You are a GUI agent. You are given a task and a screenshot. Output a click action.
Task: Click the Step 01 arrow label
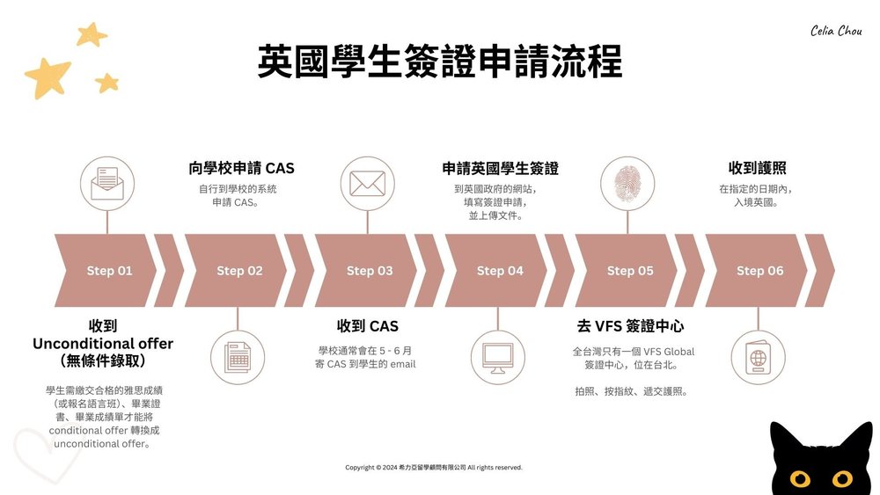coord(109,271)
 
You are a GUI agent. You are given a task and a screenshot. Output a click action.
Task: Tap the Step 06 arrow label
coord(759,271)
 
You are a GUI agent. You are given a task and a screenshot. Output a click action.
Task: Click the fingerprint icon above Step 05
coord(627,183)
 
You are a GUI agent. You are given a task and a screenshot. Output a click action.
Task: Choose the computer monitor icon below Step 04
coord(498,355)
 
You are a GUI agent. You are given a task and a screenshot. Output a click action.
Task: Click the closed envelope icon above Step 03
coord(368,183)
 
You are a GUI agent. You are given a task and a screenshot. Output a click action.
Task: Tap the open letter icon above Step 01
coord(107,183)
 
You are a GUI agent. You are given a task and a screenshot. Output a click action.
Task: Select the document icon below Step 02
coord(238,355)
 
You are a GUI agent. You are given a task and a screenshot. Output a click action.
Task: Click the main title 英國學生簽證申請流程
coord(440,63)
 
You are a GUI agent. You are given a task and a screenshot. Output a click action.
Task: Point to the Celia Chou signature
coord(836,31)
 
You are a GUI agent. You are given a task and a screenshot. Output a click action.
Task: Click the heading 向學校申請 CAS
coord(241,168)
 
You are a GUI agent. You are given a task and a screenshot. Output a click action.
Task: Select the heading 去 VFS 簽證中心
coord(630,326)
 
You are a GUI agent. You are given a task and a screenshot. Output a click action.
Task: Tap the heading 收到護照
coord(757,168)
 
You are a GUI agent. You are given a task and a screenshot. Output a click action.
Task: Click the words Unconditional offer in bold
coord(103,344)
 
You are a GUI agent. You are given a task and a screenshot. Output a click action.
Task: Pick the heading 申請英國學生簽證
coord(500,168)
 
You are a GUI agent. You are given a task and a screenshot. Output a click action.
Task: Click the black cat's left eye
coord(799,479)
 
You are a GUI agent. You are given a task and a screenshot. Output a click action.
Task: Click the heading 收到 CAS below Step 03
coord(368,326)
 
